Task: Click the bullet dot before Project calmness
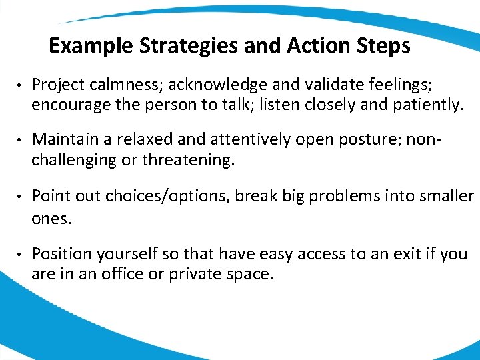pos(21,85)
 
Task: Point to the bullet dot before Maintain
pos(21,141)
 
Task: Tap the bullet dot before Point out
pos(21,197)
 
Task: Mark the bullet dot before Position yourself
pos(21,254)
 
